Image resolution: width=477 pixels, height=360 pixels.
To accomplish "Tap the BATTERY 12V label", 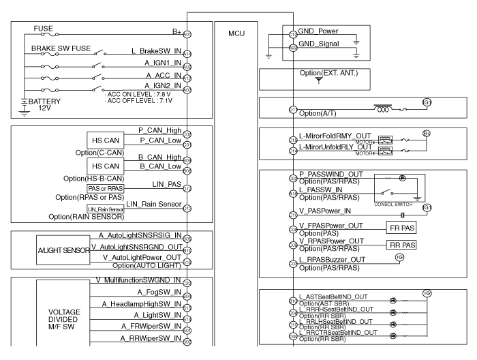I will [x=41, y=105].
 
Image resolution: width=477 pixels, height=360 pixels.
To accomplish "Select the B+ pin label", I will [x=176, y=31].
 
